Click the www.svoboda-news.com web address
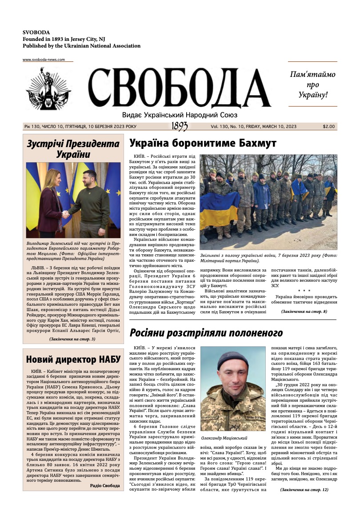click(47, 60)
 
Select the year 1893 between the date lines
click(179, 127)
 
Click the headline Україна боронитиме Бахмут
click(203, 143)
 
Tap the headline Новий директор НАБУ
click(72, 360)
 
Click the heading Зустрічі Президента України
click(73, 149)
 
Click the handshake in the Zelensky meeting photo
click(65, 214)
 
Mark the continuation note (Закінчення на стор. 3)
click(72, 339)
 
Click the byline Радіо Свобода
click(104, 486)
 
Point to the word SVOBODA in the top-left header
click(36, 32)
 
